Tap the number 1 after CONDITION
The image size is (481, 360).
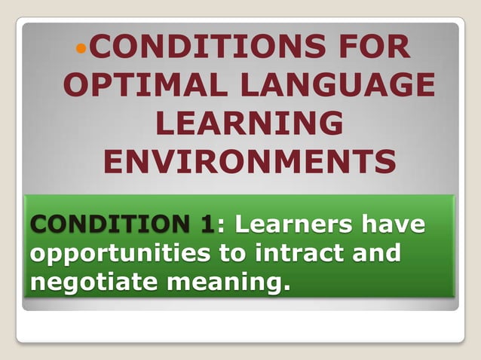(206, 224)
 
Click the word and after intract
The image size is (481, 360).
(375, 253)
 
